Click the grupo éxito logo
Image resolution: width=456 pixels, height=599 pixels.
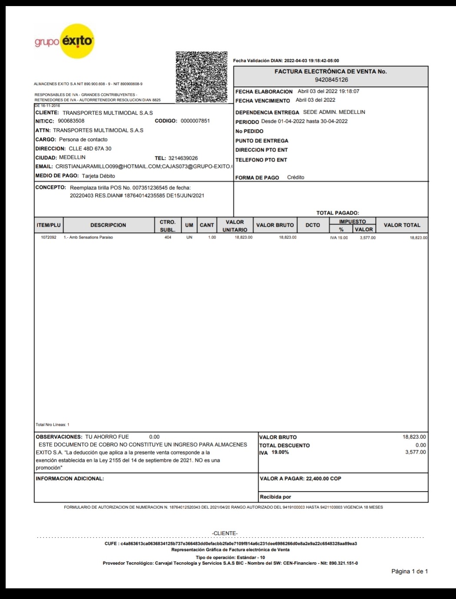click(x=64, y=42)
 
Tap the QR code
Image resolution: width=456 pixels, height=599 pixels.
click(x=201, y=77)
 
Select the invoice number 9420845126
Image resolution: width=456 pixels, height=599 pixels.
click(x=331, y=80)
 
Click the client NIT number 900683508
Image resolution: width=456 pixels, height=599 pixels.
click(x=71, y=121)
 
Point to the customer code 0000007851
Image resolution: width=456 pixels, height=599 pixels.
click(x=195, y=121)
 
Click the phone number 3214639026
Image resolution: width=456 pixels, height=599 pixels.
click(x=183, y=158)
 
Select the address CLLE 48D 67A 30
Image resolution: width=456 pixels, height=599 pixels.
click(x=90, y=149)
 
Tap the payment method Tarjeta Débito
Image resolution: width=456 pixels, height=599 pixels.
click(x=98, y=176)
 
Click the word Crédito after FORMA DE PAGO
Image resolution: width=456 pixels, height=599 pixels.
click(x=296, y=177)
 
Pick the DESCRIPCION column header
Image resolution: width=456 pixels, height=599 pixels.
click(x=108, y=225)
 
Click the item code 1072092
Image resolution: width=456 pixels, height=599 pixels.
click(x=49, y=238)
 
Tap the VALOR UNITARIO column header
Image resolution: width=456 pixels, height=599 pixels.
click(x=235, y=225)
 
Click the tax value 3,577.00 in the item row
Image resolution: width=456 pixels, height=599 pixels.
click(x=368, y=238)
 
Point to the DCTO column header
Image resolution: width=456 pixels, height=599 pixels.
click(x=313, y=225)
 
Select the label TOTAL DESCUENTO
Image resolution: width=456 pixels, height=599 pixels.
click(x=284, y=445)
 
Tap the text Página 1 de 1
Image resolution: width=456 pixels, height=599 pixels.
click(x=409, y=571)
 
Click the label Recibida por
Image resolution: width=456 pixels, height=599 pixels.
click(x=275, y=497)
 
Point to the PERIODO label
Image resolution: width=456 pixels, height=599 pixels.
click(x=247, y=122)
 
